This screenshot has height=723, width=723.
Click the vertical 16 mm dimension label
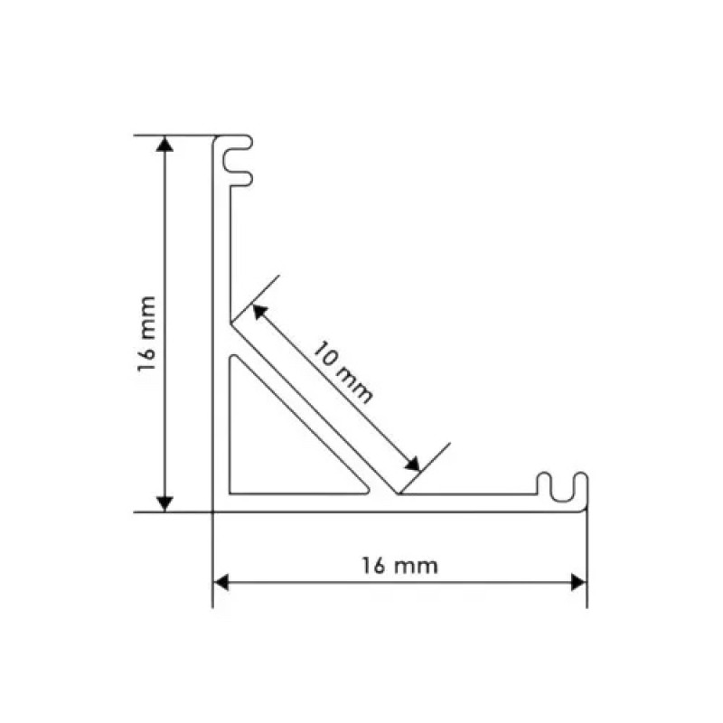(146, 334)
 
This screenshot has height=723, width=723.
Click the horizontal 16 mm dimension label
(399, 566)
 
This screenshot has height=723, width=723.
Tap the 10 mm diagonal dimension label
(343, 372)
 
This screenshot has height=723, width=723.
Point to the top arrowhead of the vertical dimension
(164, 144)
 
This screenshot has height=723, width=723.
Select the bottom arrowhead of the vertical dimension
(164, 504)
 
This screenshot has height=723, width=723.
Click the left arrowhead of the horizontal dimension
(221, 582)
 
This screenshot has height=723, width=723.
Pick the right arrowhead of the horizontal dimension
(577, 582)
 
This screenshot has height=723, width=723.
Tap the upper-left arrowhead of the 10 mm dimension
(259, 311)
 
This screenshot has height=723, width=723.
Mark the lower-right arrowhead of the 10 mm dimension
(412, 464)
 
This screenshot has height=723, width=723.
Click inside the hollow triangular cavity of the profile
(277, 452)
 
